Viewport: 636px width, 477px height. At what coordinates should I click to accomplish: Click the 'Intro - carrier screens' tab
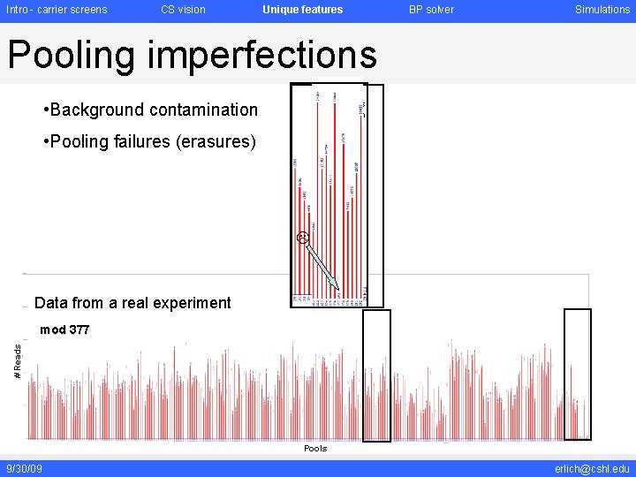[57, 10]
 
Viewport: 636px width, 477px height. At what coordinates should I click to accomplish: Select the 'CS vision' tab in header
[183, 10]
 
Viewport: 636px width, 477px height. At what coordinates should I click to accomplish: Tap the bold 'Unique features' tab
[302, 10]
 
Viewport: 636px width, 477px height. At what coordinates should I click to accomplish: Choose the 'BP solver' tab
[431, 10]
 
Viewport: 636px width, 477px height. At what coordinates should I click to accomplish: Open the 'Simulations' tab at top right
[602, 10]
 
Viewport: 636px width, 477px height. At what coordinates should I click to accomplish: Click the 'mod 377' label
[64, 330]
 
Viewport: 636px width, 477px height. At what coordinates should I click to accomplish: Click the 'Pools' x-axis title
[315, 449]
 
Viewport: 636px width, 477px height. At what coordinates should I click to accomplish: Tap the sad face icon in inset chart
[302, 238]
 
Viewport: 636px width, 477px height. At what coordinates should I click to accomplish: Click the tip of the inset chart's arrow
[338, 288]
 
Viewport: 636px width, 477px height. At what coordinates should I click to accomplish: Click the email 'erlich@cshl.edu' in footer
[592, 468]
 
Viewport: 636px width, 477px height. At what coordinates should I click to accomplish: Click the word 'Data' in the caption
[50, 303]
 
